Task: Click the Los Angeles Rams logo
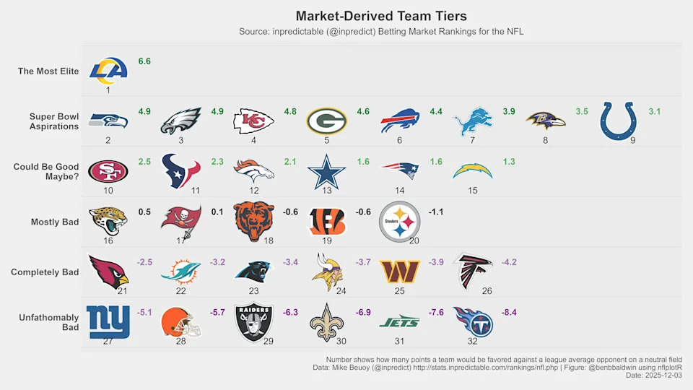(108, 71)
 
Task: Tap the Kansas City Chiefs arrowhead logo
(254, 121)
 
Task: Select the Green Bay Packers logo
(327, 121)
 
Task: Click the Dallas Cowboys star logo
(327, 171)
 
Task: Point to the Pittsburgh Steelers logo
(399, 221)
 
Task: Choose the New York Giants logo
(108, 321)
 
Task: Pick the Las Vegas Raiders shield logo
(254, 321)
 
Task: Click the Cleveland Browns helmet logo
(181, 321)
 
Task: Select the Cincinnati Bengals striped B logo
(327, 221)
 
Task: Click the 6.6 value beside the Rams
(144, 61)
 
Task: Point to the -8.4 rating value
(509, 312)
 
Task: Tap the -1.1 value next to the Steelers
(436, 212)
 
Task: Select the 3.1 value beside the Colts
(655, 111)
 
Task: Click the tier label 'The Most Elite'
(48, 71)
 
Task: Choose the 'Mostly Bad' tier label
(55, 222)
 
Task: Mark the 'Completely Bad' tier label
(45, 272)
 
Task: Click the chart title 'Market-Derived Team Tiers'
(381, 16)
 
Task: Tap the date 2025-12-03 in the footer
(663, 376)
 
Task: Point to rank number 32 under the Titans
(473, 342)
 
